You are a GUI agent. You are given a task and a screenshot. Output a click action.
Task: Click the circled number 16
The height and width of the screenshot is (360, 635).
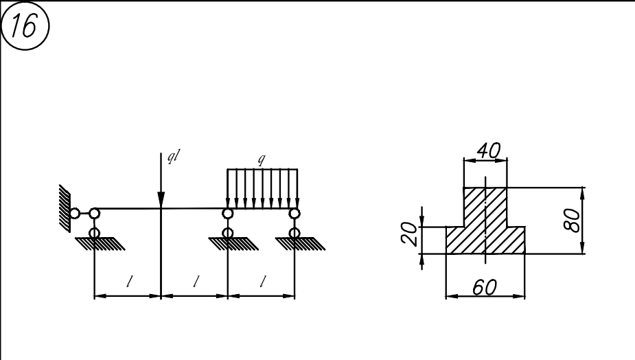click(25, 25)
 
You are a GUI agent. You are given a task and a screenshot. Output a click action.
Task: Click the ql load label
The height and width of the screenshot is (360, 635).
click(173, 156)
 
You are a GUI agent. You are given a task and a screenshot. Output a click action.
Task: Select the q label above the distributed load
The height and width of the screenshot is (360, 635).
click(262, 159)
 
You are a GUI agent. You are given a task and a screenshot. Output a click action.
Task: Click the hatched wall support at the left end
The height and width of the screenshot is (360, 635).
click(65, 208)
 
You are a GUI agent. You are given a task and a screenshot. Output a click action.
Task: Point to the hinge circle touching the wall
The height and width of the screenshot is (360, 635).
click(75, 213)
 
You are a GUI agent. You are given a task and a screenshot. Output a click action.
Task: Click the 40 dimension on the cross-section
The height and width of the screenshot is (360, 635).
click(488, 151)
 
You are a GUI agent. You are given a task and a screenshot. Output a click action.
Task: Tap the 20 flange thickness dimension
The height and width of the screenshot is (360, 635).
click(409, 234)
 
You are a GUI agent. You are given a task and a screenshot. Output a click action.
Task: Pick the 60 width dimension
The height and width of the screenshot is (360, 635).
click(485, 287)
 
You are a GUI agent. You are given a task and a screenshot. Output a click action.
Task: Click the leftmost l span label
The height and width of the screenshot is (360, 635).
click(129, 282)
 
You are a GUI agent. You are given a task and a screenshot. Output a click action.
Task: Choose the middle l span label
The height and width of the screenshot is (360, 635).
click(196, 282)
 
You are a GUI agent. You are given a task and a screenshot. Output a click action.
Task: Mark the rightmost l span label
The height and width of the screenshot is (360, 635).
click(263, 281)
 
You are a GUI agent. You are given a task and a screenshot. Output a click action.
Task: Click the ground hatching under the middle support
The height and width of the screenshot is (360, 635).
click(233, 244)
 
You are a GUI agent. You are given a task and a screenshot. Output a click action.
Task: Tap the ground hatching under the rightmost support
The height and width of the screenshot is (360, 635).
click(300, 244)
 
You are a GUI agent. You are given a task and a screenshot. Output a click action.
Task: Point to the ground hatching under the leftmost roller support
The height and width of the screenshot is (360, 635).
click(100, 244)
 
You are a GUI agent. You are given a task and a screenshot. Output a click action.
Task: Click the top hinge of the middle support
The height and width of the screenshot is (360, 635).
click(228, 213)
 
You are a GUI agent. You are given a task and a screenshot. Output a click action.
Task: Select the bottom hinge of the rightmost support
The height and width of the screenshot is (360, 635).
click(295, 233)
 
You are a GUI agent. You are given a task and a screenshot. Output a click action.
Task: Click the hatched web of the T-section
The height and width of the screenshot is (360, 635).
click(485, 207)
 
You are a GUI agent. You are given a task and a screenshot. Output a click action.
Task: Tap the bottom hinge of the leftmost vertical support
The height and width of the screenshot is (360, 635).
click(94, 233)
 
